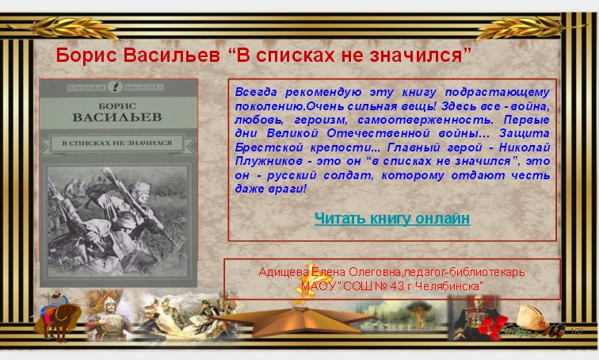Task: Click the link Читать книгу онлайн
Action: pos(391,218)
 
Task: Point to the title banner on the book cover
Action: pos(117,143)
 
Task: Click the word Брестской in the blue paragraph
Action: pos(269,147)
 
